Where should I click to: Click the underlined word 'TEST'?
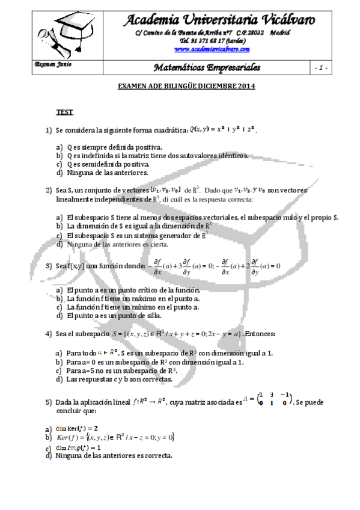coord(65,112)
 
